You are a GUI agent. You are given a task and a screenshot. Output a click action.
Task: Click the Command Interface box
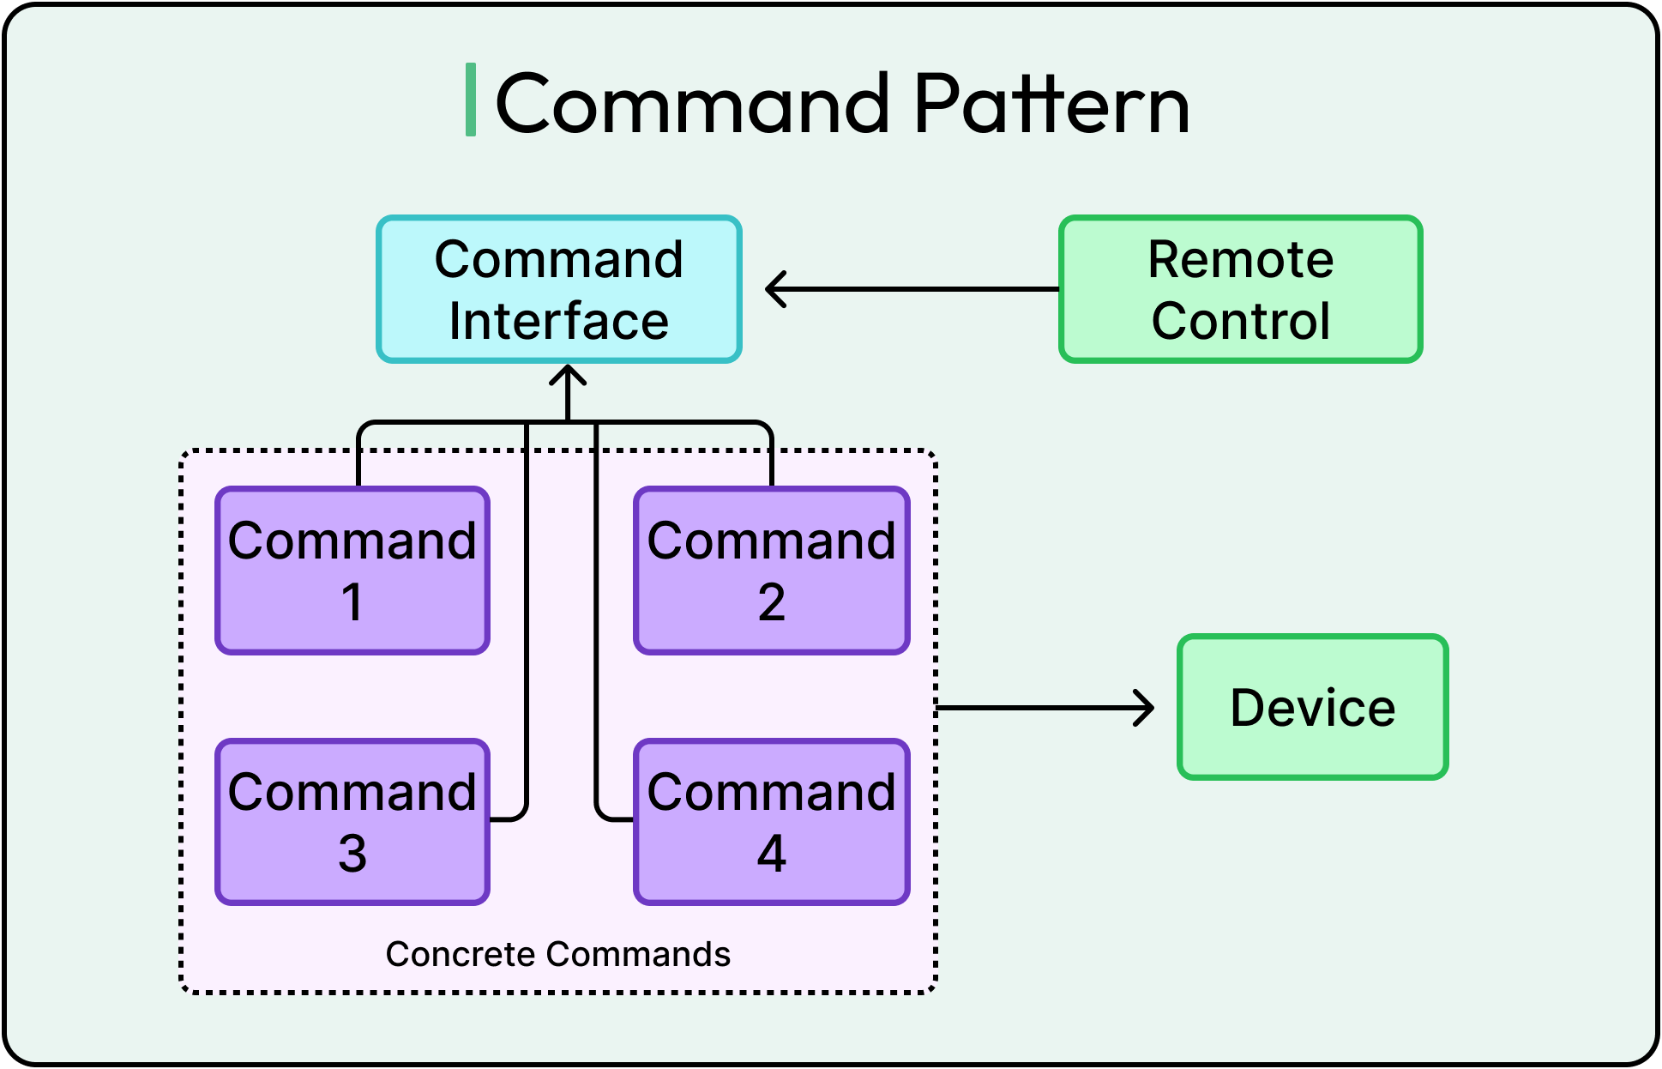click(x=558, y=289)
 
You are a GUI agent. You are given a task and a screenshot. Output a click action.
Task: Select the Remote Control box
click(x=1240, y=289)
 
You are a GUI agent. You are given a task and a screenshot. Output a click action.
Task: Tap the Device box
click(x=1312, y=707)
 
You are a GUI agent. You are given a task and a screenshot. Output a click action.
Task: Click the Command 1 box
click(x=352, y=571)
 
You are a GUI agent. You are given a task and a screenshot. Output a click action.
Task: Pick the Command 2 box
click(x=771, y=571)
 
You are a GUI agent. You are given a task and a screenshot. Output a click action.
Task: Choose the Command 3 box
click(x=352, y=822)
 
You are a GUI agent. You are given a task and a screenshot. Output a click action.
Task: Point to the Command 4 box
click(x=771, y=822)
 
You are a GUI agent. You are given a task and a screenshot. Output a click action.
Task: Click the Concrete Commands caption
click(x=557, y=954)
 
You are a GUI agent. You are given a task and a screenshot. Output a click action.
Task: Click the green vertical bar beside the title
click(x=470, y=100)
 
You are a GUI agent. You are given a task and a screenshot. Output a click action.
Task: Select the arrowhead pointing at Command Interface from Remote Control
click(x=774, y=289)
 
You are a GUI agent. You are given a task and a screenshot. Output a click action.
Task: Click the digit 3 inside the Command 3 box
click(x=352, y=854)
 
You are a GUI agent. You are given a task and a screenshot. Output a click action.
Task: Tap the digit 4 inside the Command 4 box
click(x=771, y=854)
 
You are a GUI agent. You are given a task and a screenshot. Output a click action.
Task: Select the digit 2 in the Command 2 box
click(x=771, y=602)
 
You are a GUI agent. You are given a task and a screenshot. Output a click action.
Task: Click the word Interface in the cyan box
click(x=558, y=321)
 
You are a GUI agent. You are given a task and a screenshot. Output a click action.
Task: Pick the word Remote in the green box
click(x=1240, y=259)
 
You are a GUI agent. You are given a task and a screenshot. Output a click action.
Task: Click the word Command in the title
click(x=693, y=105)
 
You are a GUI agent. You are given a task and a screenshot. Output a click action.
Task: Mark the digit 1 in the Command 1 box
click(x=352, y=602)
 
